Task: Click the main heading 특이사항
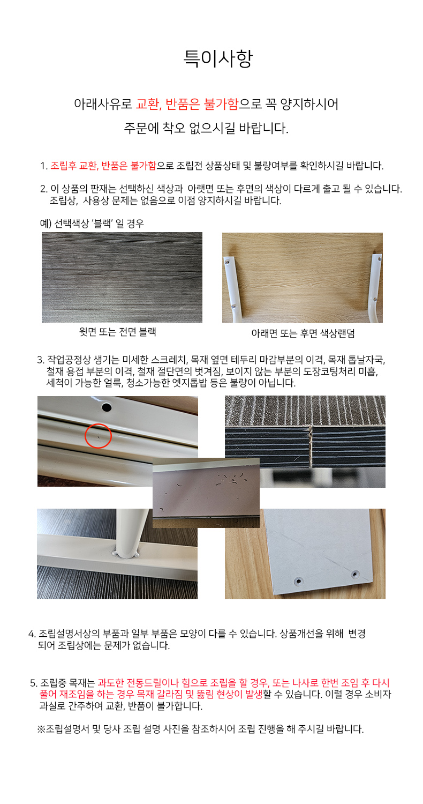(x=218, y=58)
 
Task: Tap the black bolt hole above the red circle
(x=107, y=407)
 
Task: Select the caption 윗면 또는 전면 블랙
(x=118, y=332)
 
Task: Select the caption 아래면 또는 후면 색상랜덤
(x=303, y=333)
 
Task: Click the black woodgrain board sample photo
(x=122, y=277)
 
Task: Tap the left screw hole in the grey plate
(x=298, y=580)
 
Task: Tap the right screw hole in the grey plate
(x=355, y=574)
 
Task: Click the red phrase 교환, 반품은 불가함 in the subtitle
(x=187, y=104)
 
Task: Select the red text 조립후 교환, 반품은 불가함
(x=103, y=166)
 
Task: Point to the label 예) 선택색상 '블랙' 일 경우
(x=92, y=224)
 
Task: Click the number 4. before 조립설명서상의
(x=32, y=634)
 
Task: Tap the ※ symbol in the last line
(x=41, y=729)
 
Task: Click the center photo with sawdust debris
(x=206, y=493)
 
